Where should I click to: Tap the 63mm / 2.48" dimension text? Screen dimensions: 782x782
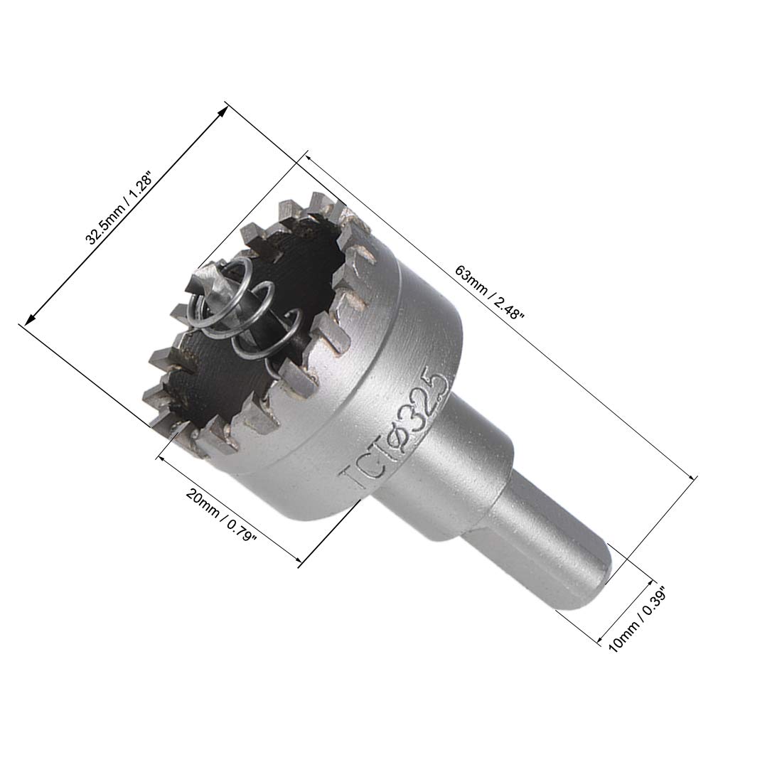point(489,295)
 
